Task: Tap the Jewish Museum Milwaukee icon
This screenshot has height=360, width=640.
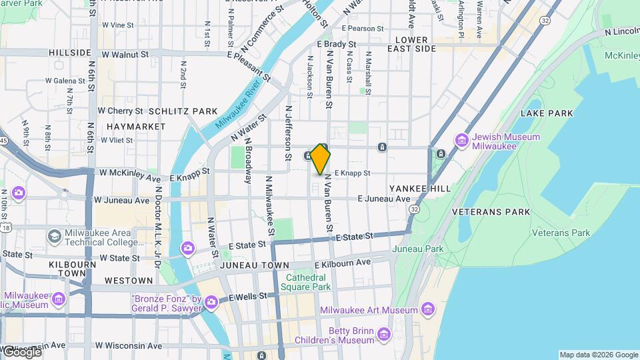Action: tap(461, 141)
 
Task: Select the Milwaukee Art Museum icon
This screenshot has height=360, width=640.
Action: tap(427, 310)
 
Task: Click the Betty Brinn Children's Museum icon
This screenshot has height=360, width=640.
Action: tap(383, 334)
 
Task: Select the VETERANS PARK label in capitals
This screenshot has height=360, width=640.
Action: tap(491, 212)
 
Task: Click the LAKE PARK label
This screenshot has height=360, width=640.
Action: tap(547, 113)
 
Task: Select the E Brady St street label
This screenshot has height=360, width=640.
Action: tap(337, 44)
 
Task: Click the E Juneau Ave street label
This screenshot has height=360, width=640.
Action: tap(383, 199)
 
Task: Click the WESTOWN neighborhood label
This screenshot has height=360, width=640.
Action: tap(129, 281)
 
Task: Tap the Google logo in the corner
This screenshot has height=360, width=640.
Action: tap(21, 351)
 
